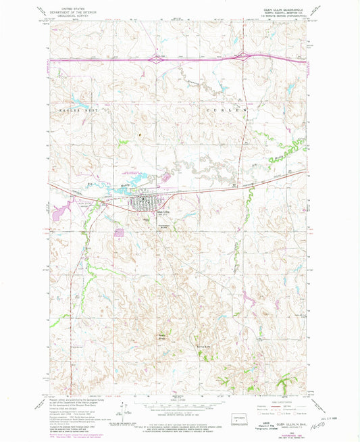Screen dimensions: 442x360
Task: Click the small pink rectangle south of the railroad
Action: (x=120, y=232)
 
